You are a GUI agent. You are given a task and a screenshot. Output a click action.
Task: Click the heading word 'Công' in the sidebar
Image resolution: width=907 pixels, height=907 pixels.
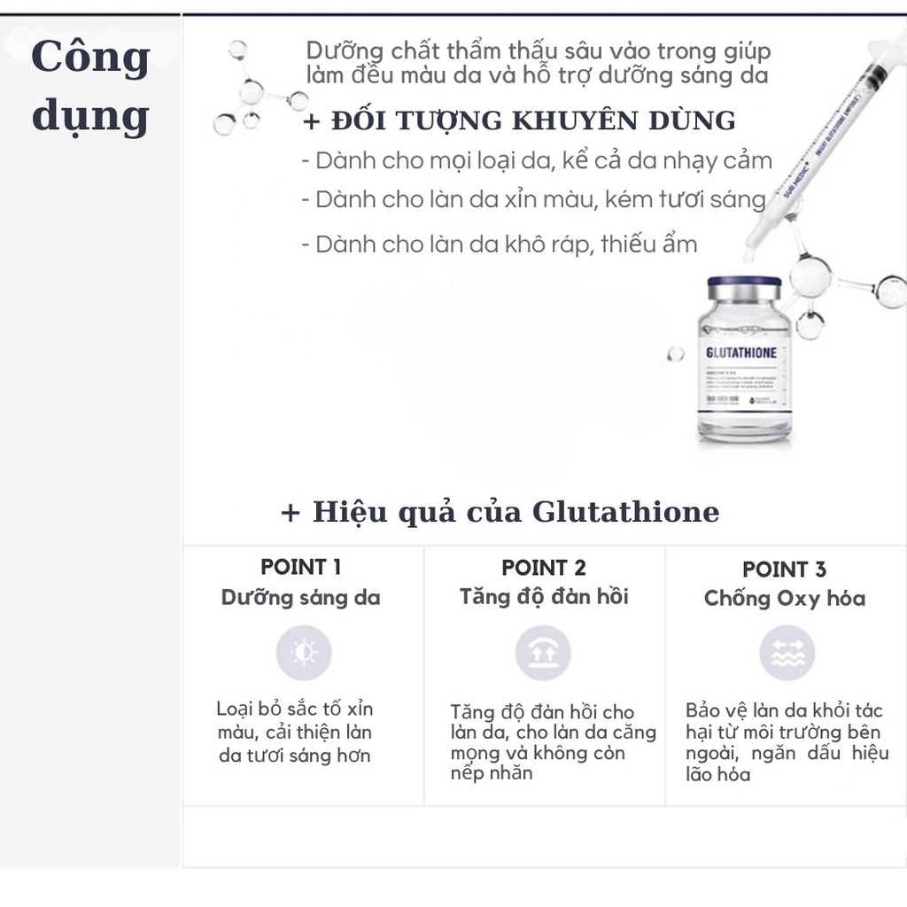[90, 58]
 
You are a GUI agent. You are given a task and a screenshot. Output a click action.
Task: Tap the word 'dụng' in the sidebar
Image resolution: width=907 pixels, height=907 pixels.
[90, 117]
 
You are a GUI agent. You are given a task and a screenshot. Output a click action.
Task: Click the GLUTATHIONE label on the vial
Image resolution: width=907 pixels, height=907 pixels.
[740, 353]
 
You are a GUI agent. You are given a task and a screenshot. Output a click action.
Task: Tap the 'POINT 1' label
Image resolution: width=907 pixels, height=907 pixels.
[301, 567]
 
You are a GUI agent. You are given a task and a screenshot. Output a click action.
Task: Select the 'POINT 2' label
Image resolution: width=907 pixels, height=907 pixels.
[544, 568]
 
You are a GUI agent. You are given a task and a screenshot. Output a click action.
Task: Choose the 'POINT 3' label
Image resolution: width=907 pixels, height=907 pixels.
[784, 570]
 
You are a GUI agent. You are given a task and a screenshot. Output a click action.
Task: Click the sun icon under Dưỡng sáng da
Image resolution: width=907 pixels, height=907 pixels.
[303, 653]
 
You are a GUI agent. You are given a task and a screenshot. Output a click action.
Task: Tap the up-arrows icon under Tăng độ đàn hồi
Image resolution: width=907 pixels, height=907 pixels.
[543, 653]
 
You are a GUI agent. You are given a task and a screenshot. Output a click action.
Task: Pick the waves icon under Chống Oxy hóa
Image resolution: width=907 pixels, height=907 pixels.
[787, 654]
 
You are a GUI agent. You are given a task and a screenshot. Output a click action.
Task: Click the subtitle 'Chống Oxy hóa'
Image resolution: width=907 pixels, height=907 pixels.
[785, 599]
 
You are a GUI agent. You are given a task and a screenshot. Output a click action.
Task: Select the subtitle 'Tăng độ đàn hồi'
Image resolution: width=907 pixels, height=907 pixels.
[544, 597]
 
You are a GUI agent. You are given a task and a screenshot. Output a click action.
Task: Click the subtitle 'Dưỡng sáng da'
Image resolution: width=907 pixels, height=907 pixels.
[301, 598]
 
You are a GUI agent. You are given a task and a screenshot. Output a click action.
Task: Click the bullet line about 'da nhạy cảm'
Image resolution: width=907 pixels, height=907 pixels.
[537, 161]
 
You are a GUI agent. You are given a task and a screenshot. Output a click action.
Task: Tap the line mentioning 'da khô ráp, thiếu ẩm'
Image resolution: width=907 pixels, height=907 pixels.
[500, 244]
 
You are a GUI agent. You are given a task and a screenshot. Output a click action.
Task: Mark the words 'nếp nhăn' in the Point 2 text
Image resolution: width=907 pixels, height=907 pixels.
[492, 773]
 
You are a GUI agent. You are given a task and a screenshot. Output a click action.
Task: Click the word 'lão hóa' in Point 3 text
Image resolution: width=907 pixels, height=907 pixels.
[718, 775]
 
